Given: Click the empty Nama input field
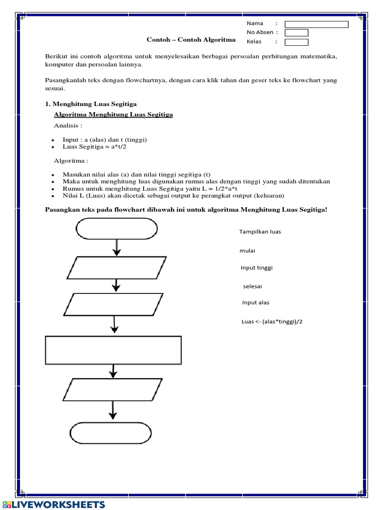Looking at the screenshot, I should click(x=316, y=24).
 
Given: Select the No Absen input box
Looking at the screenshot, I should click(x=296, y=33).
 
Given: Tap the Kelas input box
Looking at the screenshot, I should click(x=296, y=42).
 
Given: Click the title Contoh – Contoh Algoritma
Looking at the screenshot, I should click(x=191, y=40).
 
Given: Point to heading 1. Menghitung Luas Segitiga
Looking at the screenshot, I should click(x=91, y=104).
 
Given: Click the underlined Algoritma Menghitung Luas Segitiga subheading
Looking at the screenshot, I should click(x=113, y=115).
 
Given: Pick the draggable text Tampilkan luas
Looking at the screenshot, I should click(x=260, y=232).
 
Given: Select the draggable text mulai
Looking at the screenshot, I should click(x=247, y=251).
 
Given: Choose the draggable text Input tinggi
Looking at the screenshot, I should click(x=256, y=267).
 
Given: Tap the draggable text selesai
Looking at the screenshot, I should click(x=252, y=286).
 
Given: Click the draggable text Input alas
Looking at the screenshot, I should click(x=256, y=302).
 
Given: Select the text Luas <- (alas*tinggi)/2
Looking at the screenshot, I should click(x=272, y=321).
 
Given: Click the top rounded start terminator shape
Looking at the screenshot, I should click(x=116, y=229).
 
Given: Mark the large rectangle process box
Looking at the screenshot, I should click(x=113, y=350).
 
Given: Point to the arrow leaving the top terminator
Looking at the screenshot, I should click(x=117, y=248).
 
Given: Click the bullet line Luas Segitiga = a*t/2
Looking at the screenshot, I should click(x=94, y=147).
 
